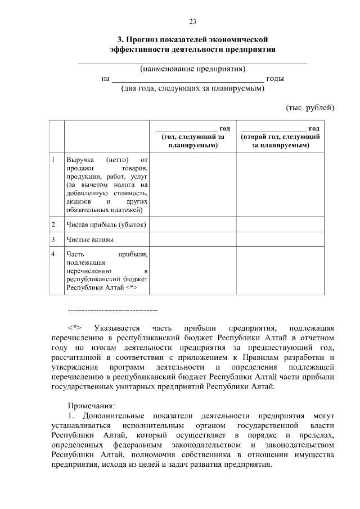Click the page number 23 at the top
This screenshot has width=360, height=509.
[192, 21]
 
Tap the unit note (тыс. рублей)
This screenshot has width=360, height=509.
[310, 107]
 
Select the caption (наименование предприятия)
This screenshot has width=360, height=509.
[192, 69]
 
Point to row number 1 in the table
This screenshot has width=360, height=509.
[53, 160]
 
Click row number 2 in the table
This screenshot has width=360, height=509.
[53, 225]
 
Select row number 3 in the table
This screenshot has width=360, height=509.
[53, 240]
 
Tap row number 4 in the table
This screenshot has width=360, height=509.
[53, 254]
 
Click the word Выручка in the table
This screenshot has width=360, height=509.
[79, 160]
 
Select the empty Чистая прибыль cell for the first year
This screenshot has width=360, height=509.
[192, 225]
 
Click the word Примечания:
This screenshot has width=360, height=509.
[91, 406]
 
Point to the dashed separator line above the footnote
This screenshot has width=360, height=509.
[112, 310]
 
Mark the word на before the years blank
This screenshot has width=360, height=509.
[105, 79]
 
